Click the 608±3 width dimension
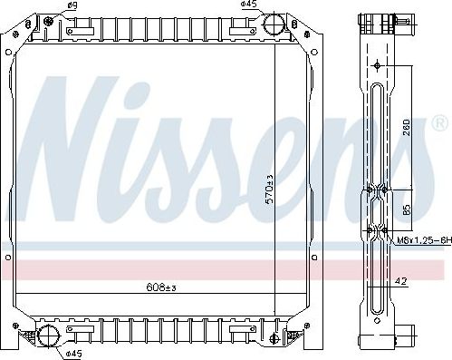pyautogui.click(x=161, y=287)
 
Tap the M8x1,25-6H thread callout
pyautogui.click(x=422, y=239)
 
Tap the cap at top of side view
pyautogui.click(x=374, y=21)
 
